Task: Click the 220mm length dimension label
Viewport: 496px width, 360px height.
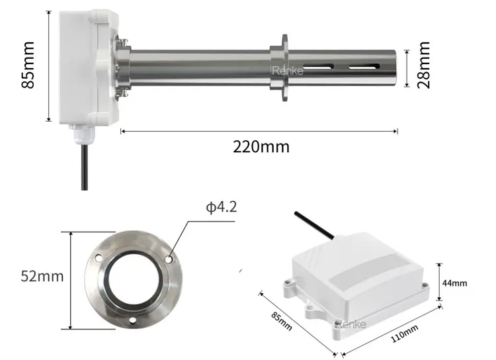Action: (261, 147)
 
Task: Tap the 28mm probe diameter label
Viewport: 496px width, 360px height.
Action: (424, 65)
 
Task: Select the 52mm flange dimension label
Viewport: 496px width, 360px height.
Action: (42, 277)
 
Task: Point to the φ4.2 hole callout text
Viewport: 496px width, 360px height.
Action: (221, 207)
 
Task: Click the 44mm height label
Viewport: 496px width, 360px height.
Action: (454, 283)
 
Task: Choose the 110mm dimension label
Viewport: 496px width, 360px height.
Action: (405, 334)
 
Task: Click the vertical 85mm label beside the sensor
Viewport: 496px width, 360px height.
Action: (28, 65)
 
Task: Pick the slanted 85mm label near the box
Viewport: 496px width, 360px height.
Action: (281, 321)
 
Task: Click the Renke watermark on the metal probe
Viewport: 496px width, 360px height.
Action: (287, 71)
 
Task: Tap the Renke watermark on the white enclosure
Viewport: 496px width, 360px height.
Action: (351, 324)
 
